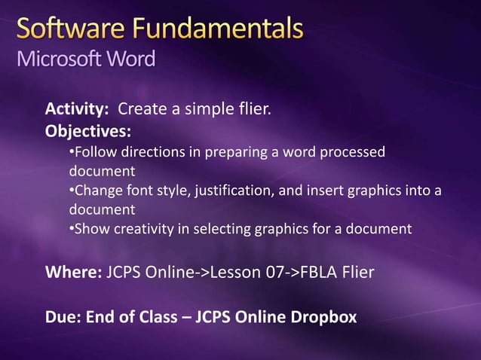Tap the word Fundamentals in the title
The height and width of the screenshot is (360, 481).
pyautogui.click(x=214, y=31)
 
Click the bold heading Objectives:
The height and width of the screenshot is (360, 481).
pyautogui.click(x=88, y=132)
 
